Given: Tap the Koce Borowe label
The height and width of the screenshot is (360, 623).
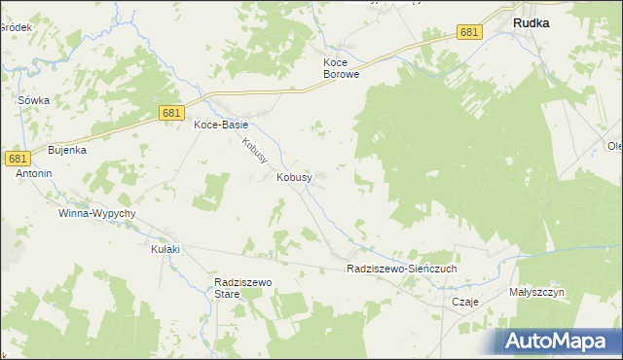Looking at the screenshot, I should [x=342, y=67].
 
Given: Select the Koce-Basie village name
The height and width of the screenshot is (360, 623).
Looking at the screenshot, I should [x=221, y=126].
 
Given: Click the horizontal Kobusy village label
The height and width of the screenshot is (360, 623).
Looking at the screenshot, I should [x=294, y=178].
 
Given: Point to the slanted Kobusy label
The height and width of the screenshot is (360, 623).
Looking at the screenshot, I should [x=256, y=150].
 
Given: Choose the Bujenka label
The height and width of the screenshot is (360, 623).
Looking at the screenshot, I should [x=68, y=151].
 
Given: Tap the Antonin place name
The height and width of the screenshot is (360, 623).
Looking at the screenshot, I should [x=33, y=173].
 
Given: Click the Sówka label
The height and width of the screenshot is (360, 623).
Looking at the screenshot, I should [x=33, y=100].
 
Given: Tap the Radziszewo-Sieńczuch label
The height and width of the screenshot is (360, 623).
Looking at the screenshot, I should [x=401, y=268].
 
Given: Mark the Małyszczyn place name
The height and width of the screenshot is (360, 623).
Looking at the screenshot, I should [x=536, y=292].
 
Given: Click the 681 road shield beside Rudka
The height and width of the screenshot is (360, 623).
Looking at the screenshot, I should [x=470, y=33].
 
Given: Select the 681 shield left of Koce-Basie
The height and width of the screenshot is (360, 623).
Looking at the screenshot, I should [x=171, y=115].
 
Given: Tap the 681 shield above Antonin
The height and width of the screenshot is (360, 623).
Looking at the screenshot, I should [x=18, y=158].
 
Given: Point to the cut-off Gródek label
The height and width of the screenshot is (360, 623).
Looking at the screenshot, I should [x=16, y=27].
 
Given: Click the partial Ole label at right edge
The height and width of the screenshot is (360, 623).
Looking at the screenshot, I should [x=614, y=147].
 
